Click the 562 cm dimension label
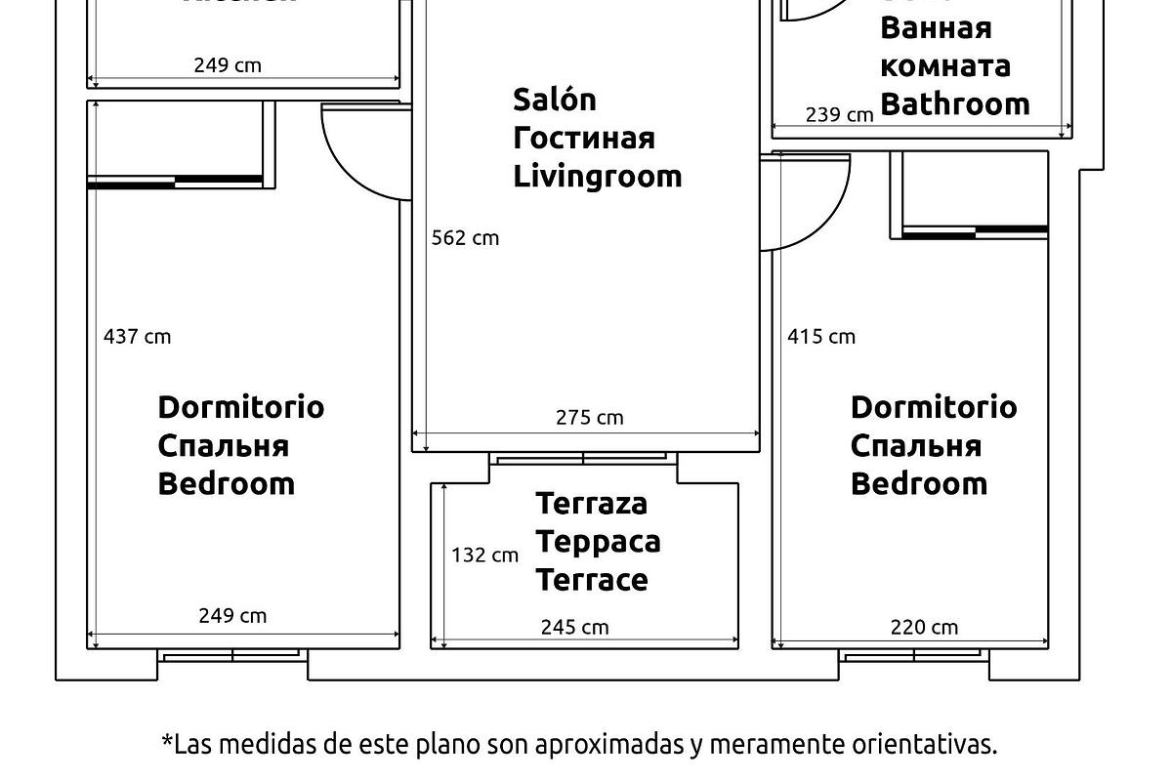pos(465,238)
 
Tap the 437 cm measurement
pos(137,337)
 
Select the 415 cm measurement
pos(821,337)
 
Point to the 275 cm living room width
pos(589,418)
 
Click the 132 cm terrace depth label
pos(484,555)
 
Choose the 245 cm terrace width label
pos(574,628)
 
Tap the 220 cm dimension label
pos(924,628)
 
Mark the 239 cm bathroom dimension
pos(839,115)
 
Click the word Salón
pos(555,100)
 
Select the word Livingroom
pos(597,177)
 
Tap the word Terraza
pos(591,504)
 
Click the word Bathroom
pos(954,103)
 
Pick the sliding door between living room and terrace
pos(583,457)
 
